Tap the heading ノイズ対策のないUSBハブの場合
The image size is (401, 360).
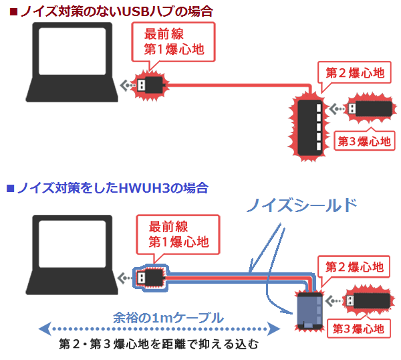pos(108,10)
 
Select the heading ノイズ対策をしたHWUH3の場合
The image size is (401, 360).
pos(107,188)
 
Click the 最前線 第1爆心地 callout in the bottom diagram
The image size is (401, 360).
pos(174,233)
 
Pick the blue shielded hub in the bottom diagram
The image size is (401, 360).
pos(309,310)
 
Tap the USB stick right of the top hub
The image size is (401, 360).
pos(368,108)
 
